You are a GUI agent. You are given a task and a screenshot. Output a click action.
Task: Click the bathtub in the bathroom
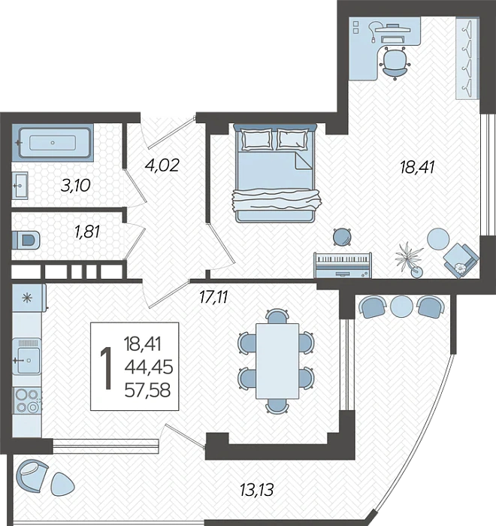53,143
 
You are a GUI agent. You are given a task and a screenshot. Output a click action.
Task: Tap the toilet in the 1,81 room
26,240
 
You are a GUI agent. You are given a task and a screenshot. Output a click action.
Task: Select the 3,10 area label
75,186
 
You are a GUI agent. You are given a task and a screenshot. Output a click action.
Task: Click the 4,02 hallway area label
162,165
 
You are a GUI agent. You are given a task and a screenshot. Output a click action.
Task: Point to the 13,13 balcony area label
257,490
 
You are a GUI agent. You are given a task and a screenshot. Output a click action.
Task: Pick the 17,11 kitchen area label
213,297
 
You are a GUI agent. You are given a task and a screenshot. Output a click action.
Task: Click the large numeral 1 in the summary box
107,368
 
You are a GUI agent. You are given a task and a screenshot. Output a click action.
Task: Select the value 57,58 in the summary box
147,391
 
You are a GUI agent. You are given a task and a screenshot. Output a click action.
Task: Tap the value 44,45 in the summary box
149,367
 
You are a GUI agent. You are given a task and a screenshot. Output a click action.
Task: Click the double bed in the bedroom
275,173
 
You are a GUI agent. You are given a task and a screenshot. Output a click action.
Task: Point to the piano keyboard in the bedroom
343,265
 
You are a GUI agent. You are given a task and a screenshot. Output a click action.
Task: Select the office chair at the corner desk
395,63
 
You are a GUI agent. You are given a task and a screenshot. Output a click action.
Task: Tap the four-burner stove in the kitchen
27,400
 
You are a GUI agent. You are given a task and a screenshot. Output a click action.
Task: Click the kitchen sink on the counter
27,357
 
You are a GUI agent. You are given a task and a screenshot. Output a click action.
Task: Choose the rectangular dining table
277,361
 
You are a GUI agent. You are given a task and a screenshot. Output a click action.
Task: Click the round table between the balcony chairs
402,307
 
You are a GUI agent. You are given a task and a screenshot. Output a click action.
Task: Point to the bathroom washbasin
20,186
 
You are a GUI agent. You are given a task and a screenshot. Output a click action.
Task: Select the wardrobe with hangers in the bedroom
467,59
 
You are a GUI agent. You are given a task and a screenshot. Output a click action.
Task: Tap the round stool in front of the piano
342,237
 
